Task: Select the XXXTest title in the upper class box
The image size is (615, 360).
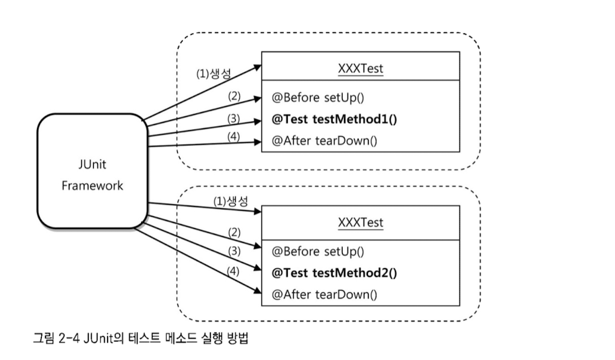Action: (x=360, y=69)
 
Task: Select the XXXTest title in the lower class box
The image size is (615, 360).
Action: (x=360, y=222)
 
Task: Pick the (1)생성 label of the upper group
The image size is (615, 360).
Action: (x=214, y=74)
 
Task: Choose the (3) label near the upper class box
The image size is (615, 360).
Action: (x=233, y=118)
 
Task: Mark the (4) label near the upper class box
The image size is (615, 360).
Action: (x=233, y=136)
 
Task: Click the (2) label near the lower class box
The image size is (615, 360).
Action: (x=233, y=232)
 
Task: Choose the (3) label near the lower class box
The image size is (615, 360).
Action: (x=233, y=252)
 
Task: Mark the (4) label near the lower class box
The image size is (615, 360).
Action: (x=233, y=271)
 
